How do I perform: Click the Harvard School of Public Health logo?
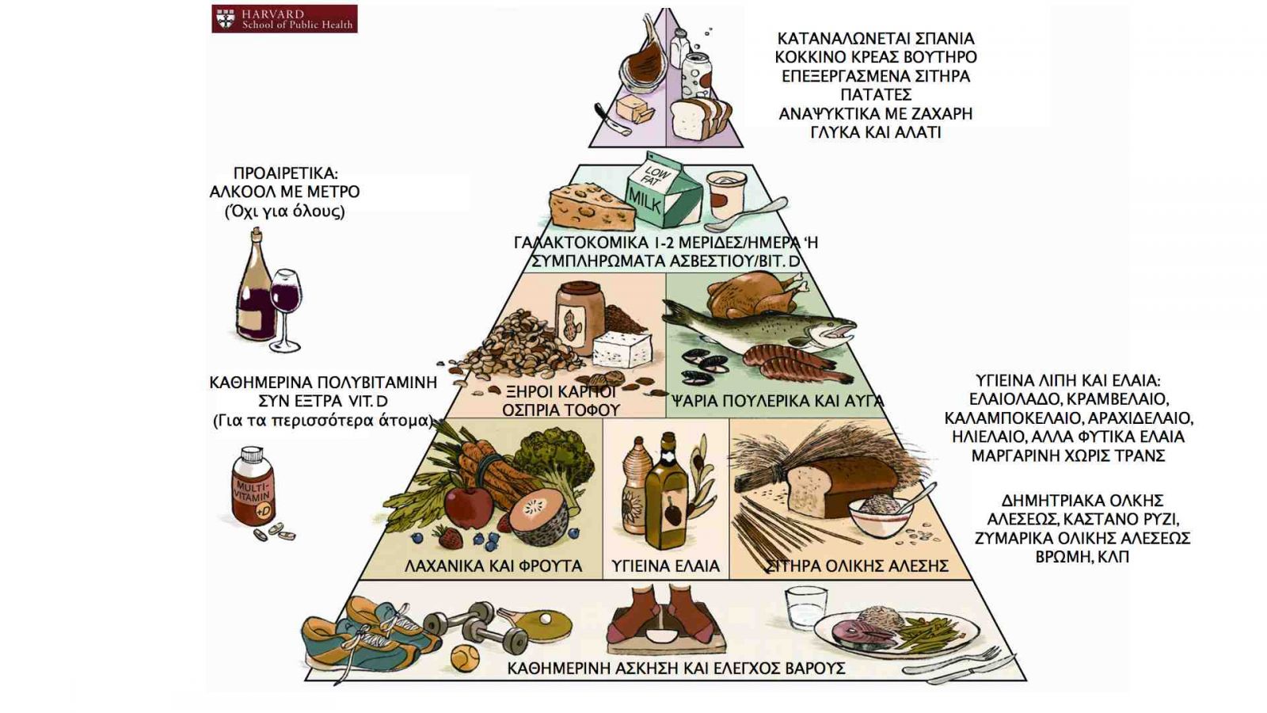[x=284, y=19]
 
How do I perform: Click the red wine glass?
[x=286, y=305]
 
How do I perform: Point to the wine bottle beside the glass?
[x=256, y=288]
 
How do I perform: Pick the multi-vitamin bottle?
[x=253, y=487]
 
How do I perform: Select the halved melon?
[x=539, y=516]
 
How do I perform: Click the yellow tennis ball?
[x=465, y=657]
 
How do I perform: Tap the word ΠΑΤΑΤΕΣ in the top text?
[x=876, y=95]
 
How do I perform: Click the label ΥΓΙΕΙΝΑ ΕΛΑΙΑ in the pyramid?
[x=665, y=566]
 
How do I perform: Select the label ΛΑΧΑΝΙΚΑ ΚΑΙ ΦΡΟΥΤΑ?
[x=493, y=566]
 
